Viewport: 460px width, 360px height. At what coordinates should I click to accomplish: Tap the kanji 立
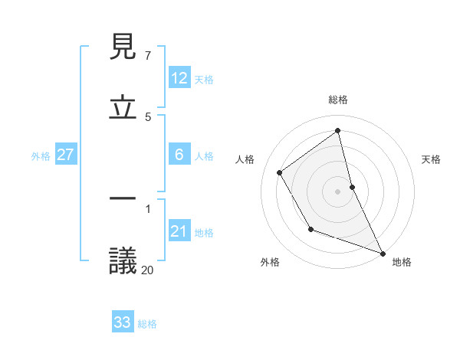pos(123,108)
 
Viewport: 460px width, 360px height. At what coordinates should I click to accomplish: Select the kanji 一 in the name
pos(123,198)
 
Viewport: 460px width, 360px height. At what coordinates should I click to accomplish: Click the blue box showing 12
pos(179,78)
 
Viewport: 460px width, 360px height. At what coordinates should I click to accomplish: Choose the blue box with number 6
pos(179,155)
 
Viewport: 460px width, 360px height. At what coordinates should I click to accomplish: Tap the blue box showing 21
pos(179,231)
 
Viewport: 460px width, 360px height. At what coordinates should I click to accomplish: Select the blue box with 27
pos(66,155)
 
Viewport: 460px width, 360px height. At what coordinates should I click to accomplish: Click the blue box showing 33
pos(123,322)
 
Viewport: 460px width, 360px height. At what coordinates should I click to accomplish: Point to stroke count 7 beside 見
pos(147,56)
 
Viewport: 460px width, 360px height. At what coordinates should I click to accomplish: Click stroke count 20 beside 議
pos(147,270)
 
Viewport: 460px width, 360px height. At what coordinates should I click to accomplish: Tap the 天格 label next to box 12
pos(204,79)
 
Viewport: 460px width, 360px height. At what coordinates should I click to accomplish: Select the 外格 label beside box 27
pos(41,155)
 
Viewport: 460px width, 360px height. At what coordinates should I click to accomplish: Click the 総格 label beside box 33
pos(147,323)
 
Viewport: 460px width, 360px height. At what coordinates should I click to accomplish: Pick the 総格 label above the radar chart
pos(338,100)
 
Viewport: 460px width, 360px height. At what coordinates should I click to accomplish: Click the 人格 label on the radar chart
pos(245,159)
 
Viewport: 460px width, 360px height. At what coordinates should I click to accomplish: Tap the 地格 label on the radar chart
pos(402,262)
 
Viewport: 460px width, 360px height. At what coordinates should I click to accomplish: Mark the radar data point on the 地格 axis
pos(383,253)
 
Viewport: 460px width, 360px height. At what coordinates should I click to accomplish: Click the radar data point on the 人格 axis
pos(280,172)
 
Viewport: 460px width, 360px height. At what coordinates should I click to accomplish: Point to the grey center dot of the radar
pos(338,191)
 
